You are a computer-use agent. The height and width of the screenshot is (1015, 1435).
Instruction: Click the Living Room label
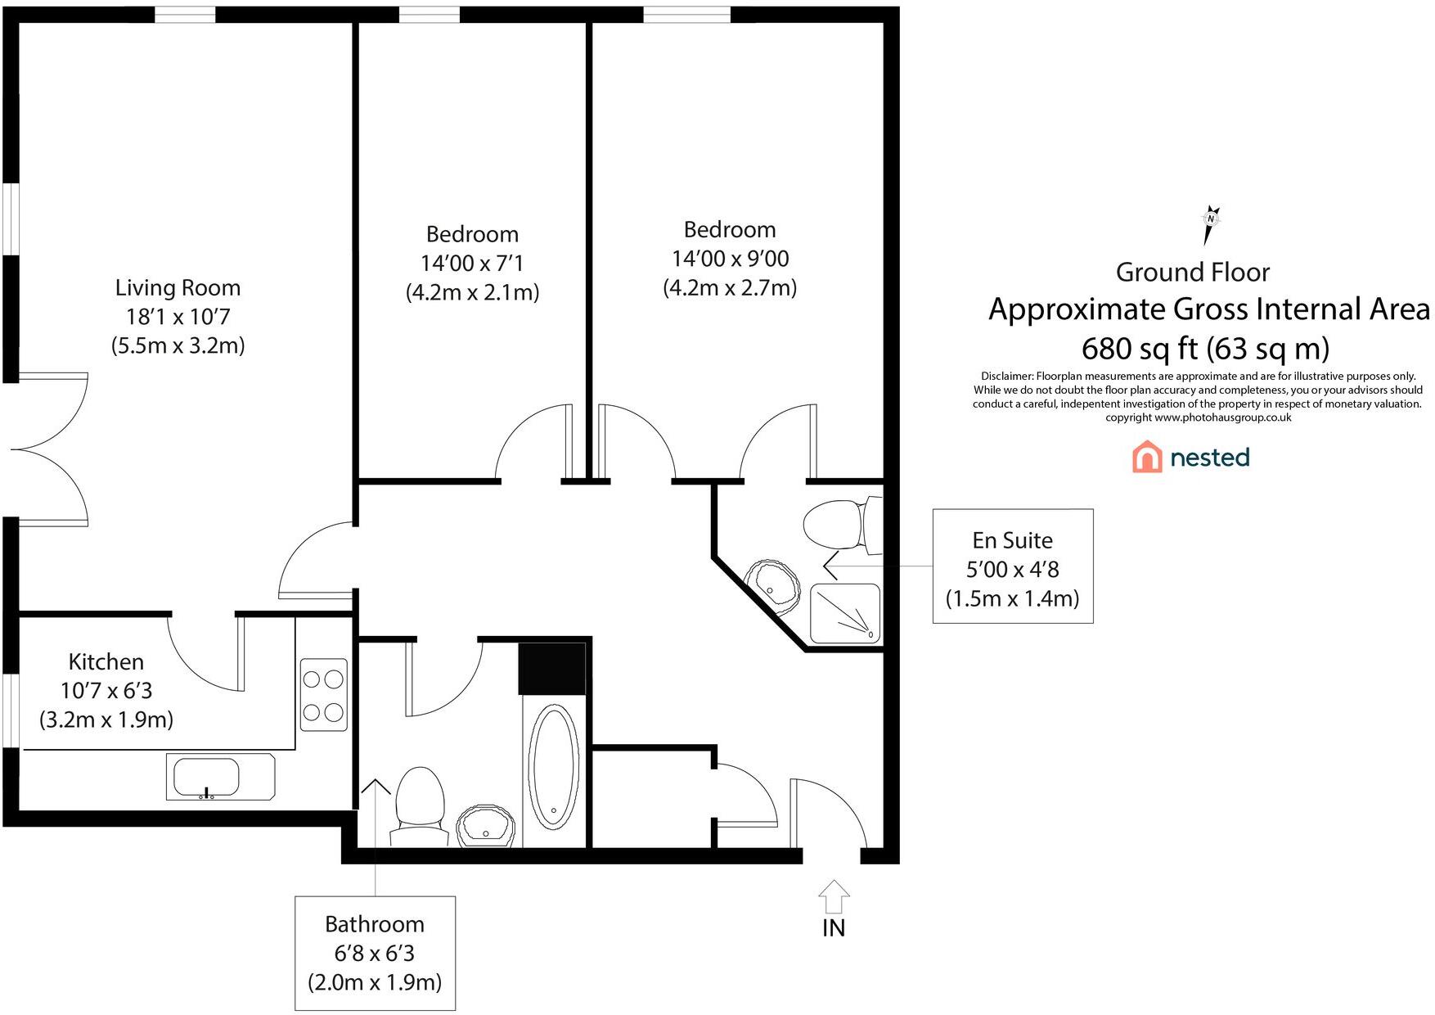pos(178,288)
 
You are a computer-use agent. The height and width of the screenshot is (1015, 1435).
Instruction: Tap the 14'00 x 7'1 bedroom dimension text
pos(472,264)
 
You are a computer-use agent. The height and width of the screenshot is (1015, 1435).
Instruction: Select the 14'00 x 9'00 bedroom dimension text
pos(730,259)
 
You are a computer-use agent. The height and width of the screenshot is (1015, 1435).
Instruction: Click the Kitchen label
pos(106,661)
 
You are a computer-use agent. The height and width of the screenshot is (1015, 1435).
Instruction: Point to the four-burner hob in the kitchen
pos(323,695)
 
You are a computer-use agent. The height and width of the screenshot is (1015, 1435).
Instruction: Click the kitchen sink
pos(208,777)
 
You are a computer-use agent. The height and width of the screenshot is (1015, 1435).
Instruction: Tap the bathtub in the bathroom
pos(554,768)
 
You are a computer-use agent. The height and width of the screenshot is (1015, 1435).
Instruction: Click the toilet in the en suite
pos(839,525)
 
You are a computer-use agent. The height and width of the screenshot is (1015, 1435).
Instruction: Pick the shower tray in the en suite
pos(845,612)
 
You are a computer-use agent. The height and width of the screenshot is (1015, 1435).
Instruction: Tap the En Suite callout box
pos(1013,566)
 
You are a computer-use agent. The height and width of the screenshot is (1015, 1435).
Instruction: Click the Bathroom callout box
pos(375,953)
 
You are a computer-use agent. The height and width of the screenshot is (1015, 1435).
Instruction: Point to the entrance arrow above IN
pos(834,896)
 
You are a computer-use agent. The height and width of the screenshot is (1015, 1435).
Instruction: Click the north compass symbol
pos(1210,223)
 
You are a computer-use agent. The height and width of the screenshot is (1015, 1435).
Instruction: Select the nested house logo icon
pos(1147,457)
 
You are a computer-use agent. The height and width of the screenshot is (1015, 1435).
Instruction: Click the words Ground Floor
pos(1193,273)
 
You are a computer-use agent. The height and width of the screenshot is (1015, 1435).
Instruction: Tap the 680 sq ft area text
pos(1205,349)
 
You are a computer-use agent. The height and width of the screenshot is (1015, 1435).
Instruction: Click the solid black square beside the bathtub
pos(553,668)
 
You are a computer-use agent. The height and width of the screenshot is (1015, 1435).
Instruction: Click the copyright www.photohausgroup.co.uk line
pos(1198,417)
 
